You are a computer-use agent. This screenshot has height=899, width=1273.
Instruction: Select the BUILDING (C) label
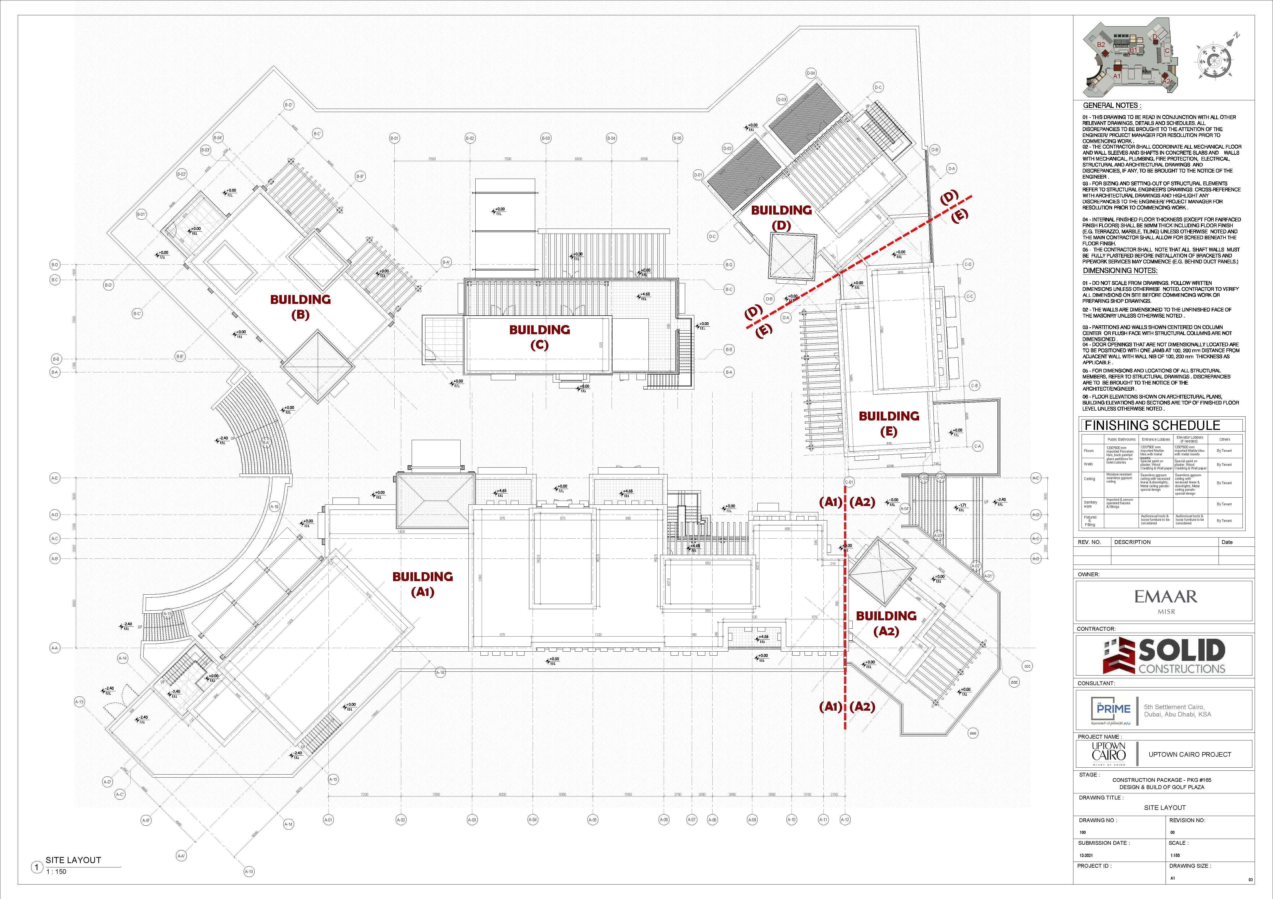coord(539,337)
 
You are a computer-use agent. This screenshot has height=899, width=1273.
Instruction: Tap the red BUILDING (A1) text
coord(422,584)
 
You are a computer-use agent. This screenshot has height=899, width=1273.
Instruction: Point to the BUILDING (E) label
coord(889,424)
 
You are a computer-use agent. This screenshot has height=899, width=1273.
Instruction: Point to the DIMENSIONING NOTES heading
coord(1120,271)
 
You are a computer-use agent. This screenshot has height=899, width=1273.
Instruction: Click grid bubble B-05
coord(677,138)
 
